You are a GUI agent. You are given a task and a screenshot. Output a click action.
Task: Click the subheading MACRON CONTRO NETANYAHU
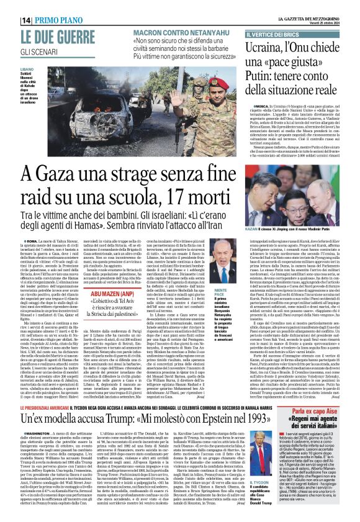point(169,32)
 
